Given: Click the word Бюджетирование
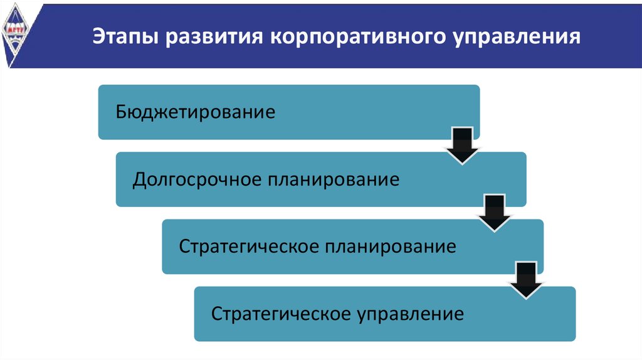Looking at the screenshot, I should point(196,113).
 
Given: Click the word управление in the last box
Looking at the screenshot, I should point(411,313).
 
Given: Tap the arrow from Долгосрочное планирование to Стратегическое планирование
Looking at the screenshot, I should point(495,213).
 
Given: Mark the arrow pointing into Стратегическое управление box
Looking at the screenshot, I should point(527,280).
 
